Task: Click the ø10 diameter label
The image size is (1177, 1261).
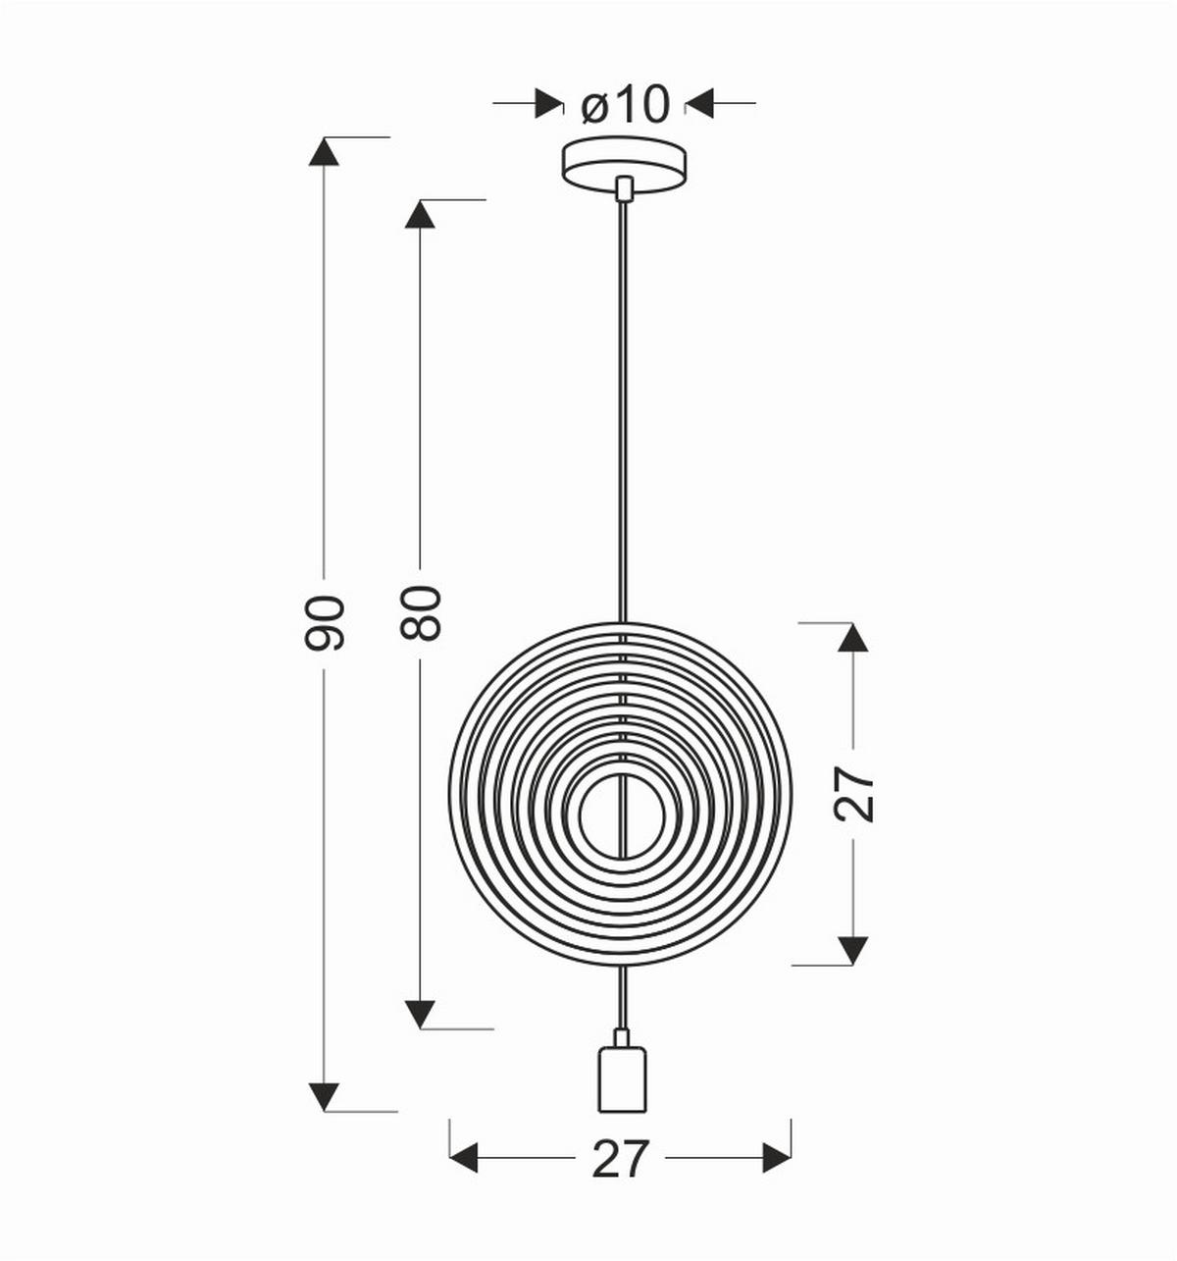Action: tap(625, 103)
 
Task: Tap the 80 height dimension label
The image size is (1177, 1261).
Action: tap(422, 613)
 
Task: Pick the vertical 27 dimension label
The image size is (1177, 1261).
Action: tap(854, 793)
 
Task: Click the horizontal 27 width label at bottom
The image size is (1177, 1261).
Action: tap(621, 1159)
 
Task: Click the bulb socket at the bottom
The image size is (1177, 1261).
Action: tap(622, 1079)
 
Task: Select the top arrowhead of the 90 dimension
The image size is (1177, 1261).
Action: tap(324, 151)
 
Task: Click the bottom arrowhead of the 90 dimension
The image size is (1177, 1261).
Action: tap(324, 1097)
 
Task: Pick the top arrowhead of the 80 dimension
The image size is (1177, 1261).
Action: tap(420, 214)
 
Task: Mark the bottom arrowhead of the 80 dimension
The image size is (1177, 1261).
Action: tap(420, 1014)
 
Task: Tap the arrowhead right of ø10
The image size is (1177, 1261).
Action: tap(700, 102)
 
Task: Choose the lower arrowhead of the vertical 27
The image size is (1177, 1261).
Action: tap(853, 950)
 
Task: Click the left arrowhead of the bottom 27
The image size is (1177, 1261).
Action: tap(464, 1158)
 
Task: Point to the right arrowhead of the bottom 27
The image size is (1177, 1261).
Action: tap(777, 1158)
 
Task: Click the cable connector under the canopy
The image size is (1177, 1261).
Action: tap(623, 187)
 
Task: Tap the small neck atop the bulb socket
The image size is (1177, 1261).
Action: tap(622, 1037)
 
